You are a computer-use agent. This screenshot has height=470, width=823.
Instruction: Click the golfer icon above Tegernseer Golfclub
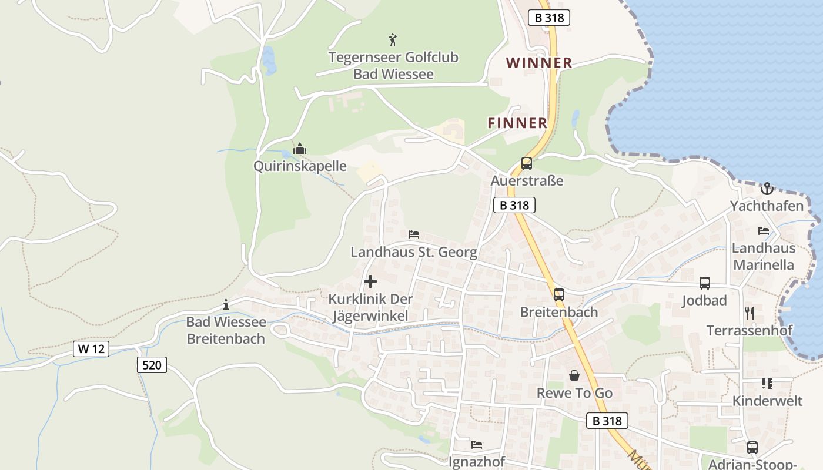click(x=393, y=40)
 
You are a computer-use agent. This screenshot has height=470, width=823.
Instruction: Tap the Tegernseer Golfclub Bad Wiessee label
click(x=393, y=66)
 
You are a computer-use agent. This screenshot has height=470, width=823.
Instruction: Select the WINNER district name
click(x=539, y=63)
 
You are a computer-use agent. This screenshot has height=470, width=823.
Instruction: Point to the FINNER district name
click(x=517, y=123)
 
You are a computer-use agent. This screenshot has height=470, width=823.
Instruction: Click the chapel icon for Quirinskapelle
click(x=300, y=149)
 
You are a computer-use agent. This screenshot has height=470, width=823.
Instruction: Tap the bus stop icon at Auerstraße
click(x=527, y=163)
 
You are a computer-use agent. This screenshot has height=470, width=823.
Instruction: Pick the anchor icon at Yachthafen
click(x=767, y=189)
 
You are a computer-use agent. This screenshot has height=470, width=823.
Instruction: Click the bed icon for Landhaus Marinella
click(x=764, y=231)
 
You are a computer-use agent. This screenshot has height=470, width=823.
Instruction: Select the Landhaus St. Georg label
click(x=414, y=252)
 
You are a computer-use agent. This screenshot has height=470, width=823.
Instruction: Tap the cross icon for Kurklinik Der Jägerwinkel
click(x=370, y=281)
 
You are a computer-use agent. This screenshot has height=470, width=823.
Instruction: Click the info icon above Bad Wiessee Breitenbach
click(x=226, y=304)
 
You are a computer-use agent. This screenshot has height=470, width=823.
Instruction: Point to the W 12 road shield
click(x=91, y=348)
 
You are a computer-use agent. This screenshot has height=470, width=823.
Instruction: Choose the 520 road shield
click(x=152, y=365)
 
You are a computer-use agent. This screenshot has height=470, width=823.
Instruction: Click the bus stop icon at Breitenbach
click(x=559, y=295)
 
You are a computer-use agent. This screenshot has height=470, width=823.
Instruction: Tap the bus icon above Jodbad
click(x=705, y=283)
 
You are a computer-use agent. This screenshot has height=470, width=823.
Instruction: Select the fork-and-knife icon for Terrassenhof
click(x=750, y=313)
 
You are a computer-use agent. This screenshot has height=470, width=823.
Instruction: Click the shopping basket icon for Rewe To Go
click(x=574, y=375)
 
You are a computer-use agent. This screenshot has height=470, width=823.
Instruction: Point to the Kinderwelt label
click(x=767, y=401)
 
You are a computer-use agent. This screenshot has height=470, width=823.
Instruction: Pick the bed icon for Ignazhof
click(x=477, y=445)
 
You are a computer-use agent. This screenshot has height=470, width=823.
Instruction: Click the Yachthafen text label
click(x=767, y=206)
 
